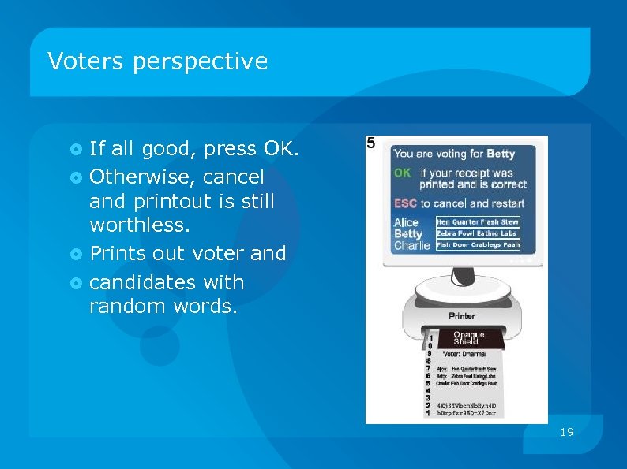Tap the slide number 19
[566, 432]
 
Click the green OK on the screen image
[403, 173]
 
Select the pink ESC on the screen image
[405, 203]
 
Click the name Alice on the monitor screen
[406, 222]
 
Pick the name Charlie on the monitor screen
[411, 245]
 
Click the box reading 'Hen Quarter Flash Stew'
[478, 222]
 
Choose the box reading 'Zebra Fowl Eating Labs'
[477, 233]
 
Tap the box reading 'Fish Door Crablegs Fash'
[478, 245]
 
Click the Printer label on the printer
[462, 316]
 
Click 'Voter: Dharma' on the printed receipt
[464, 353]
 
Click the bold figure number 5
[371, 143]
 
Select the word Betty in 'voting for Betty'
[501, 154]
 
